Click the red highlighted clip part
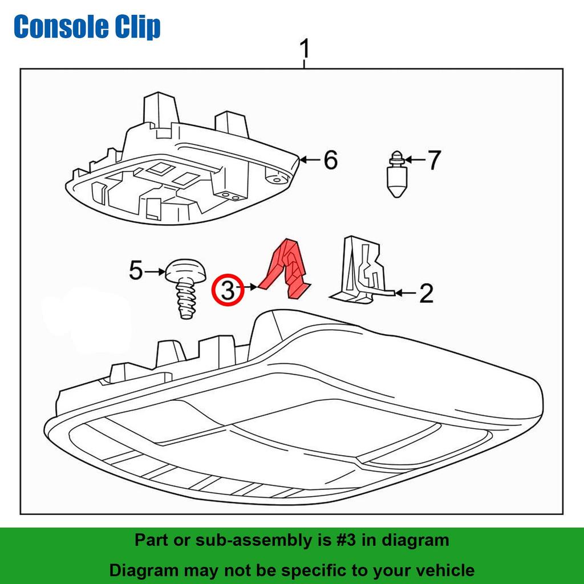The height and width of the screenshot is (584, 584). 288,268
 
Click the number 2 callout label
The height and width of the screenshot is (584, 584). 425,293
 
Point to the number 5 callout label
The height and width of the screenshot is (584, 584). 135,270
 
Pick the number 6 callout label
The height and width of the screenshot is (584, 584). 330,160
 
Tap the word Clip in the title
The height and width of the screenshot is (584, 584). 137,27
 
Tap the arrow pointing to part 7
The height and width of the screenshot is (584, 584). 413,160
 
